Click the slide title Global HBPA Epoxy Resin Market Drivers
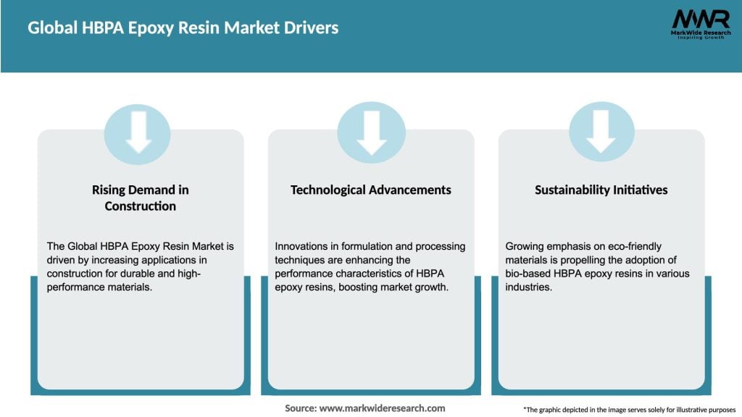click(x=183, y=29)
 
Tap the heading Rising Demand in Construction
click(x=140, y=198)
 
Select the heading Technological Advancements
click(x=370, y=190)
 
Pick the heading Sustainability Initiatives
click(x=601, y=190)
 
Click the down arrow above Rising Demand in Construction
click(x=138, y=133)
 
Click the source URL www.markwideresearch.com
click(x=382, y=408)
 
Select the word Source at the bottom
click(x=300, y=408)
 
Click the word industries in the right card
click(x=529, y=287)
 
